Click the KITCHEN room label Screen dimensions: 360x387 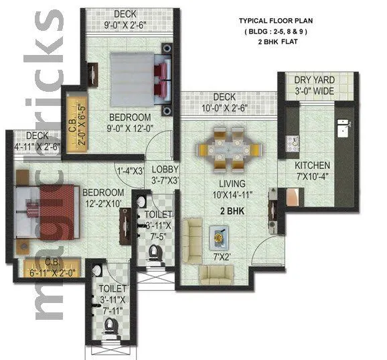click(313, 166)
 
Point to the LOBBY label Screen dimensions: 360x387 click(164, 169)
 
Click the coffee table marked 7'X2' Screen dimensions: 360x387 click(220, 235)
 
